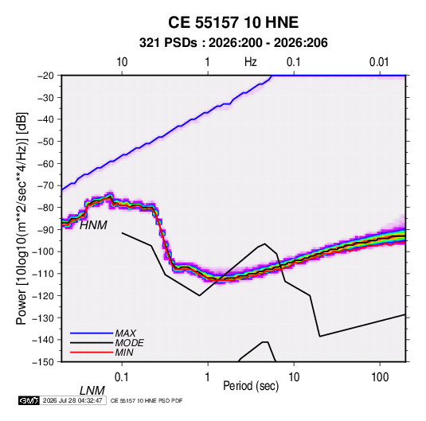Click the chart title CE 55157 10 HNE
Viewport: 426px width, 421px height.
tap(233, 22)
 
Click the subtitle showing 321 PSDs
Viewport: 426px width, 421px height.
tap(233, 43)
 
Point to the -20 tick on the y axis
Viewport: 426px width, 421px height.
tap(45, 76)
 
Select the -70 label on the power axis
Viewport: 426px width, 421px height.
tap(45, 185)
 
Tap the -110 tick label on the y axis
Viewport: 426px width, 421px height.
tap(43, 274)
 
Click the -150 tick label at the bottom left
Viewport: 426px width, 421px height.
tap(43, 362)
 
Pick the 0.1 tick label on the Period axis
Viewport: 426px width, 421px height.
tap(122, 377)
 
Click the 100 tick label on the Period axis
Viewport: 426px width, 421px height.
tap(380, 377)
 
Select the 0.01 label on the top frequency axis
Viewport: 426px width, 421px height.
tap(379, 62)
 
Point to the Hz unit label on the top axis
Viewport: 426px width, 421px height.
tap(251, 62)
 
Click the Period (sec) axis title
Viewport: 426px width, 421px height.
tap(251, 386)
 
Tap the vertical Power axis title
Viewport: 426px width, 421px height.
tap(21, 218)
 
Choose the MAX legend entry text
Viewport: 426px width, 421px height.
tap(126, 333)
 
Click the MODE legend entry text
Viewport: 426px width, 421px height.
tap(129, 343)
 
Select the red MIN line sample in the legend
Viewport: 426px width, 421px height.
tap(92, 353)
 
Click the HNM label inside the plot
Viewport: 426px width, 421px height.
tap(93, 225)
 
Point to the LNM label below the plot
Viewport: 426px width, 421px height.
tap(92, 391)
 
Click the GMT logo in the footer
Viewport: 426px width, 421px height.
tap(29, 400)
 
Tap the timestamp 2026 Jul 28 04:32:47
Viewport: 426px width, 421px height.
tap(72, 400)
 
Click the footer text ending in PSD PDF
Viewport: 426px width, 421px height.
tap(147, 401)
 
